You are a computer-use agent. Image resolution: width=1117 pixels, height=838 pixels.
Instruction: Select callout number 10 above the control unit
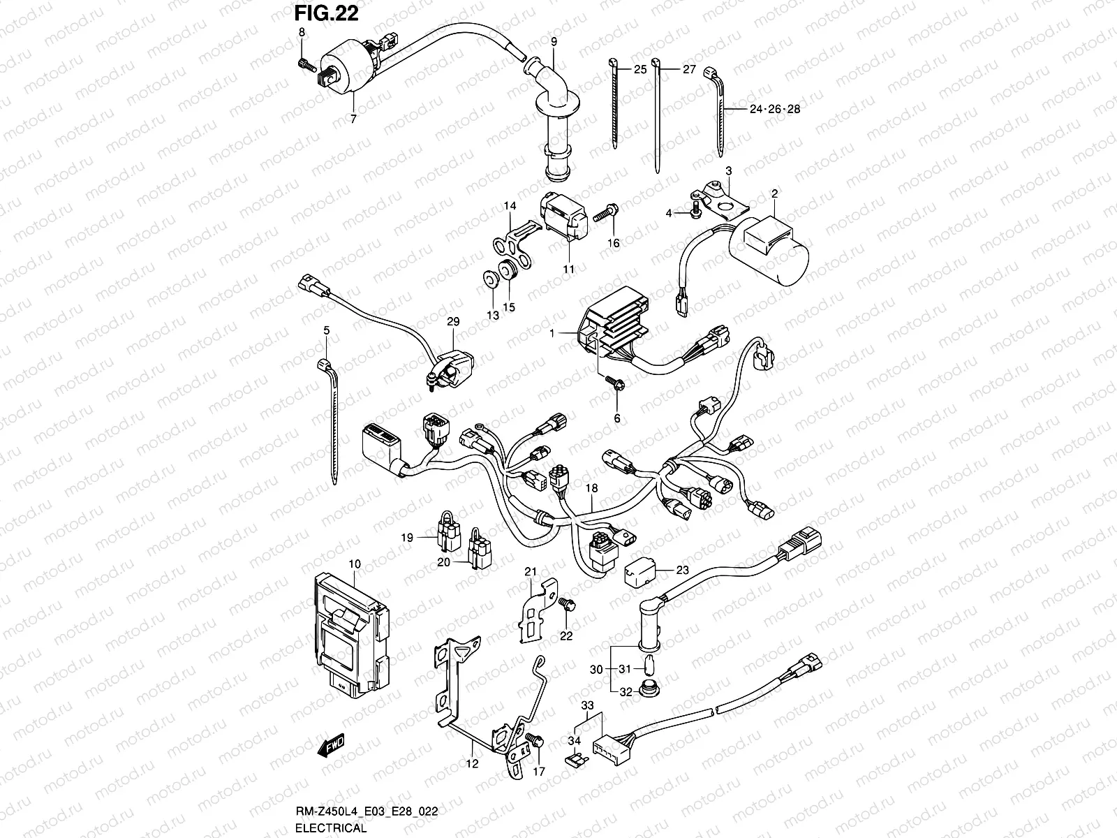tap(354, 563)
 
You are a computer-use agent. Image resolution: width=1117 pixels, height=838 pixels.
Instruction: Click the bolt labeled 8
tap(304, 64)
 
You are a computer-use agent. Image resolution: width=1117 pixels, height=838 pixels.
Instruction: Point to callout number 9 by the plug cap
tap(554, 41)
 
